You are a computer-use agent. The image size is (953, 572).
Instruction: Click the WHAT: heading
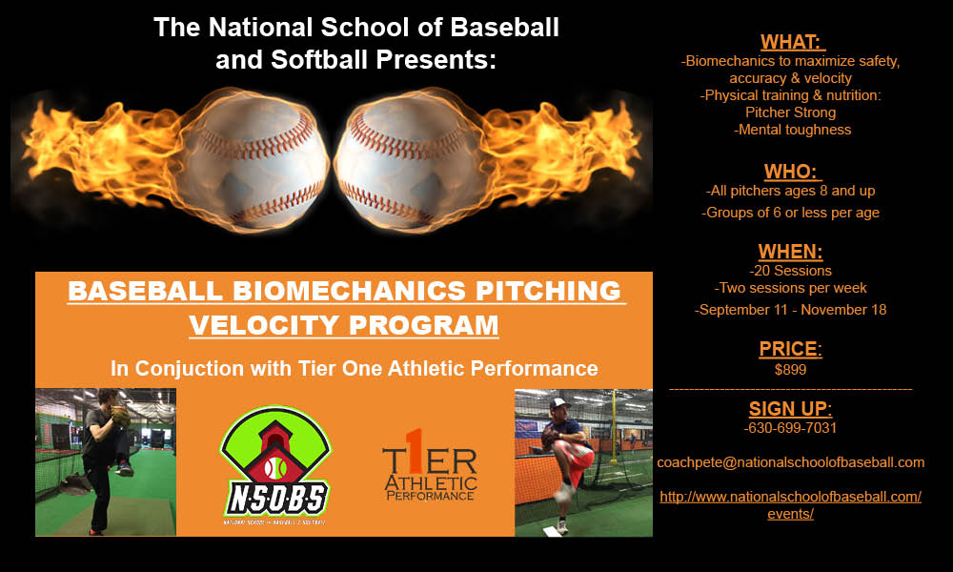791,42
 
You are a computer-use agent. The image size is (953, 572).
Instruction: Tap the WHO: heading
791,172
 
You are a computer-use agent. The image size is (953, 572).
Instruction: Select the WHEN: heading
791,252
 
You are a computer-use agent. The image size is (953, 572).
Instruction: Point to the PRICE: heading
791,349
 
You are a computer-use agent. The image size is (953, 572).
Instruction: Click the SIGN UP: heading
791,408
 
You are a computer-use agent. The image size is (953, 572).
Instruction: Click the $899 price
791,370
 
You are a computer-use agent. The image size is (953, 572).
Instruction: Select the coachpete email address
791,462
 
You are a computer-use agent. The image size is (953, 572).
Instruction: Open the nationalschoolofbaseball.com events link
791,505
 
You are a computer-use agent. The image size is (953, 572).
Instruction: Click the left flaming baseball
254,160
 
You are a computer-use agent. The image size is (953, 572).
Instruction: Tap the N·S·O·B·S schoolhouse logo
275,465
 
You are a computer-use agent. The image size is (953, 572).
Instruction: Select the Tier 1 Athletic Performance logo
430,465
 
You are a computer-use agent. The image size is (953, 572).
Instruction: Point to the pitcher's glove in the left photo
121,416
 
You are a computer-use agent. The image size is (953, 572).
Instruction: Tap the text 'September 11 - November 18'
791,310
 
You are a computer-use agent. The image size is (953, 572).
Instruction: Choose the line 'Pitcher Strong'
791,112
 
